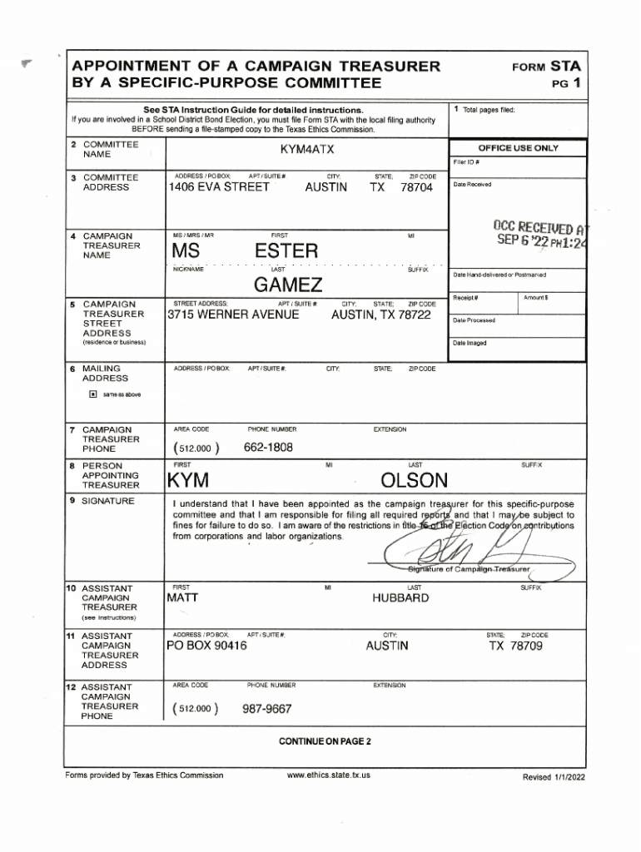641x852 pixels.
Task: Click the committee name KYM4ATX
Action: [x=307, y=149]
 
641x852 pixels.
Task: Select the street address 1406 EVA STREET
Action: [x=219, y=188]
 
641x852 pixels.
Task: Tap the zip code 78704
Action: [x=416, y=188]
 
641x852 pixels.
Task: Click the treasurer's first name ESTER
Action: [x=286, y=251]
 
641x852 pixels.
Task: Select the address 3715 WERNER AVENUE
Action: [x=233, y=315]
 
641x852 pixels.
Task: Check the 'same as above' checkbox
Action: [x=93, y=394]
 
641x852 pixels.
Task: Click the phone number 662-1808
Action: [x=268, y=447]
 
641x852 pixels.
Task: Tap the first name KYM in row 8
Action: [x=187, y=481]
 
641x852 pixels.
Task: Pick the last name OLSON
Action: [x=414, y=481]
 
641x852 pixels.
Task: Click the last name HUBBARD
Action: [x=401, y=598]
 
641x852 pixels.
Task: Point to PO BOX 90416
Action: [x=206, y=646]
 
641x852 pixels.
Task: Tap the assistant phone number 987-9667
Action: [x=266, y=709]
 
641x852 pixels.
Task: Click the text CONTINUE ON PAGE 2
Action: [x=325, y=741]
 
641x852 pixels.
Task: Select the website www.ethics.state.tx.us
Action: [x=328, y=775]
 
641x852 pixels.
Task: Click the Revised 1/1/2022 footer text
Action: [x=554, y=776]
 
